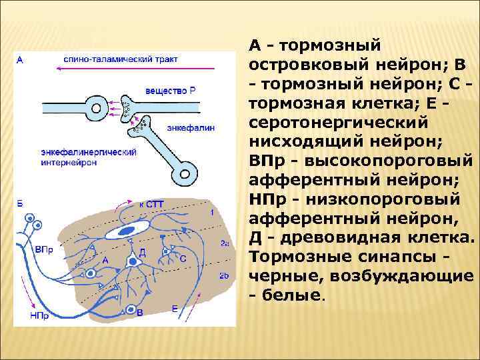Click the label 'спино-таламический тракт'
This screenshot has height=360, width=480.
[121, 59]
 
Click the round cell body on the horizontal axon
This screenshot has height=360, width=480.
[99, 107]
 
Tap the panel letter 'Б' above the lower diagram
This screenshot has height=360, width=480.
[19, 203]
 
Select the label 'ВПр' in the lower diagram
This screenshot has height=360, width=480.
[39, 249]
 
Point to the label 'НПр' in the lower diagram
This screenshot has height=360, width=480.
[39, 316]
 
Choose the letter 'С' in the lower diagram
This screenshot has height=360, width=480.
[183, 257]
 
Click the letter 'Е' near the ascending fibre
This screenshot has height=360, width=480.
[175, 308]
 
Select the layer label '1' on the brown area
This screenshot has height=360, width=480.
[213, 212]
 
